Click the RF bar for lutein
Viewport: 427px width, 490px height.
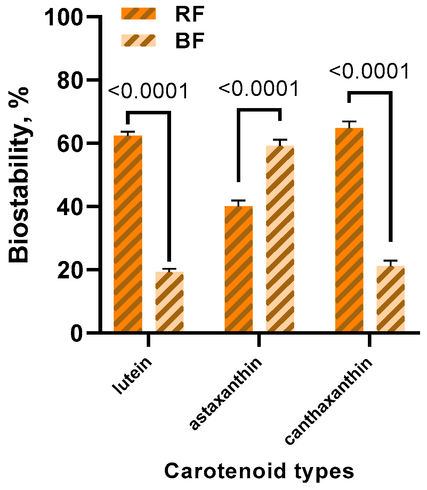128,233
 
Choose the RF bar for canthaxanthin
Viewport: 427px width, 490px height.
349,229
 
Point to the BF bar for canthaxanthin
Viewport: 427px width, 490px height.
390,299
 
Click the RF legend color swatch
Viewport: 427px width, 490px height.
138,14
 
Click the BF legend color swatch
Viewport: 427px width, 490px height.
138,41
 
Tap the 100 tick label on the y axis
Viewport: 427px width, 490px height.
64,17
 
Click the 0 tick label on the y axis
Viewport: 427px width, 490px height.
77,334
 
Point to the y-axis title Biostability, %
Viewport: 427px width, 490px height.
19,175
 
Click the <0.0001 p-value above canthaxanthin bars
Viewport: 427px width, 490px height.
369,72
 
